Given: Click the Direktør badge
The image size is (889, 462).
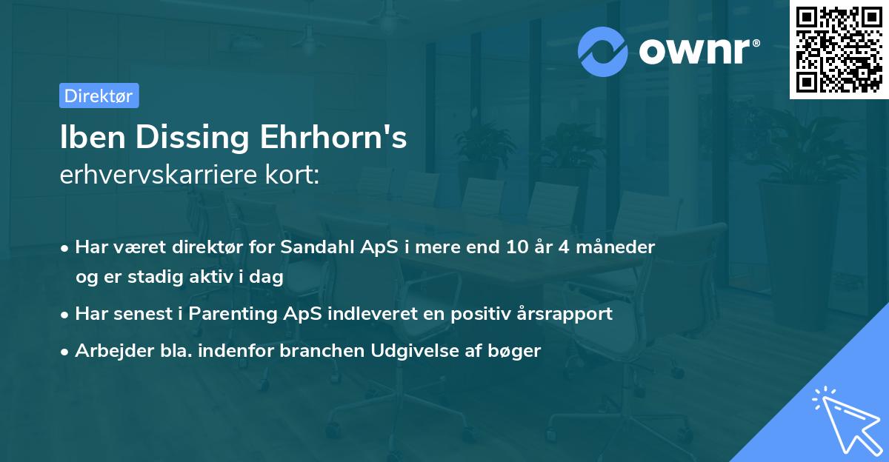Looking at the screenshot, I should pos(99,96).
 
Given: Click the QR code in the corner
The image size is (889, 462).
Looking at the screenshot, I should pos(839,50).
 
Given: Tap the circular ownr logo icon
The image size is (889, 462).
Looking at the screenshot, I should pos(603,51).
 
